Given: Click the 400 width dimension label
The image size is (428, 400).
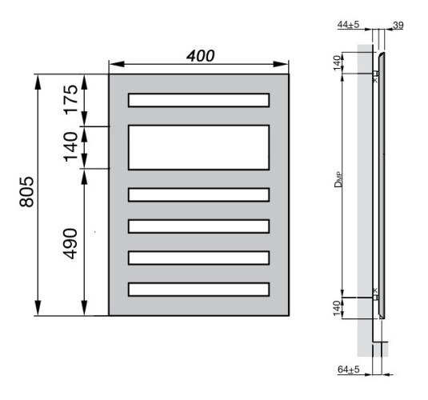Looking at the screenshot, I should [x=199, y=56].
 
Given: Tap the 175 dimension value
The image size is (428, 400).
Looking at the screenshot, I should [x=71, y=100].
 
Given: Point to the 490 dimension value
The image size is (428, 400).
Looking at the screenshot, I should [x=71, y=244].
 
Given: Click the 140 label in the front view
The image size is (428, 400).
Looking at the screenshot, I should [x=71, y=147].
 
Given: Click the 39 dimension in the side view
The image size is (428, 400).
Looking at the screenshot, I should [x=398, y=26].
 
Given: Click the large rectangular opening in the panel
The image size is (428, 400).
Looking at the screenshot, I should [x=198, y=147].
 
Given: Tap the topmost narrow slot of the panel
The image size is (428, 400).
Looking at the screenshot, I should [x=198, y=100].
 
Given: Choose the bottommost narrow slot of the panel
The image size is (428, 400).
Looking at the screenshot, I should [x=198, y=289].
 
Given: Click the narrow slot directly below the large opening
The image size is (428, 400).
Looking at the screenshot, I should [x=198, y=194].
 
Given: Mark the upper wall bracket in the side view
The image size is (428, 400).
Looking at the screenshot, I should [x=374, y=75].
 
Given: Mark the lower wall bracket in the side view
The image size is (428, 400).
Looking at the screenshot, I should [x=374, y=296].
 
